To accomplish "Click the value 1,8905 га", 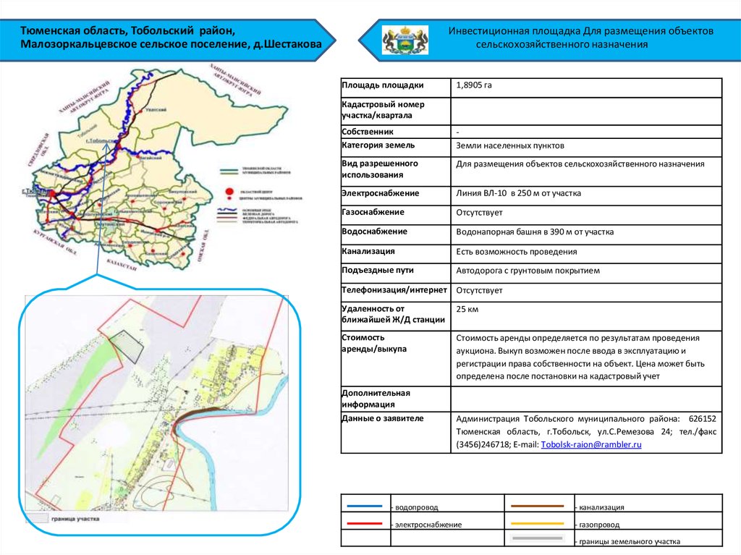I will tap(474, 85).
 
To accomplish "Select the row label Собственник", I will tap(368, 132).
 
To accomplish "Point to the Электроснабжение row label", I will tap(380, 193).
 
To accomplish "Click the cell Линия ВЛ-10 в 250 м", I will tap(518, 193).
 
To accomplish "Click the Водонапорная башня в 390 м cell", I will tap(535, 232).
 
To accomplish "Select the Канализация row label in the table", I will tap(368, 251).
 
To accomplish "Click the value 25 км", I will tap(467, 309).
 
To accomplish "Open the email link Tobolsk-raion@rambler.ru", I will tap(591, 444).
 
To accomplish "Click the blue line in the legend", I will tap(365, 507).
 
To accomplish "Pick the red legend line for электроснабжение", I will tap(365, 522).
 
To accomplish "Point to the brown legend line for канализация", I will tap(537, 506).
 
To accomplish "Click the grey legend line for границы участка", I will tap(537, 539).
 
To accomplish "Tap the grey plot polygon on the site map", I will tap(131, 346).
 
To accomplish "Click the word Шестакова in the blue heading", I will tap(292, 45).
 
